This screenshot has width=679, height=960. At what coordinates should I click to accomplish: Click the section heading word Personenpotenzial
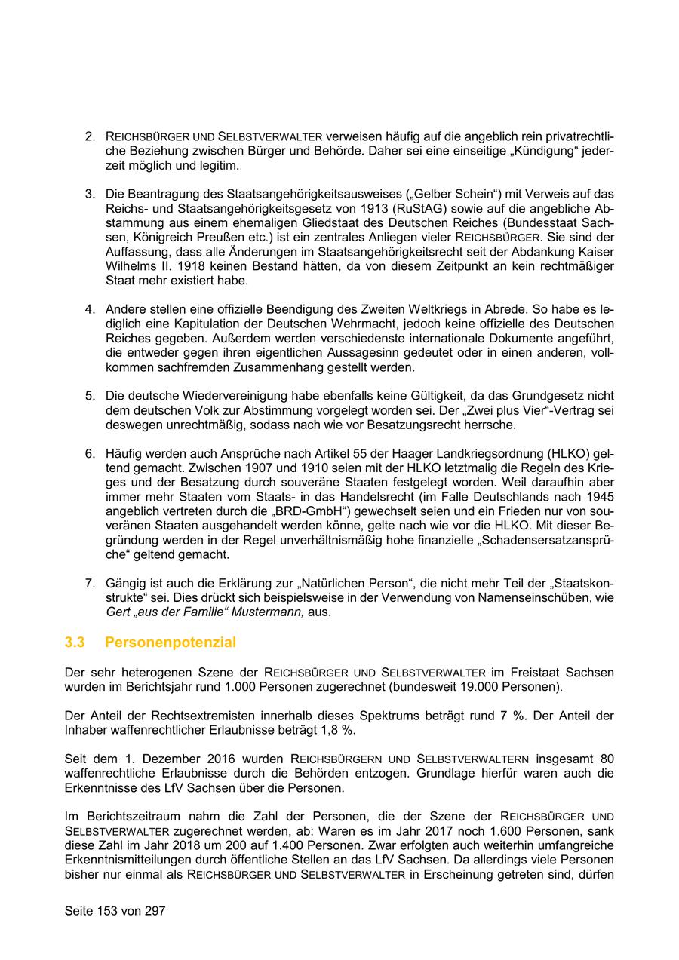click(x=171, y=643)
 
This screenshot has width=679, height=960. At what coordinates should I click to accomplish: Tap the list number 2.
click(x=89, y=136)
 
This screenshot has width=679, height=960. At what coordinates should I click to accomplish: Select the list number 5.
click(x=89, y=395)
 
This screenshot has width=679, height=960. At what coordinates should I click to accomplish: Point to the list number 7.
click(x=89, y=582)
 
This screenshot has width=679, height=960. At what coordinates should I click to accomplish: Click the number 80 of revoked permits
click(x=606, y=759)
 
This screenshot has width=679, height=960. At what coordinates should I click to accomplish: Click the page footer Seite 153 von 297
click(x=115, y=911)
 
